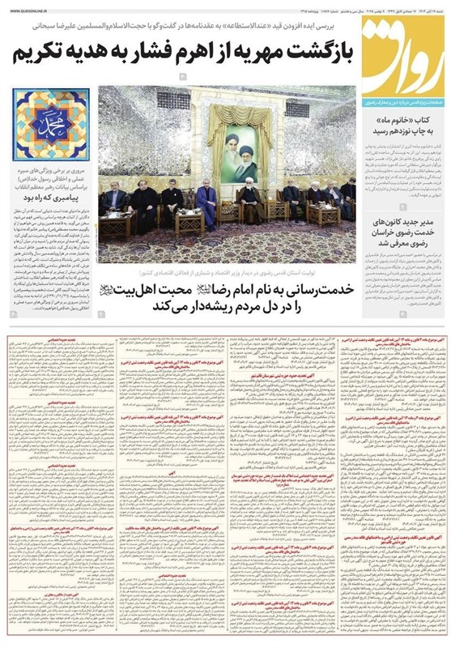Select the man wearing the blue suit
click(208, 202)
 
